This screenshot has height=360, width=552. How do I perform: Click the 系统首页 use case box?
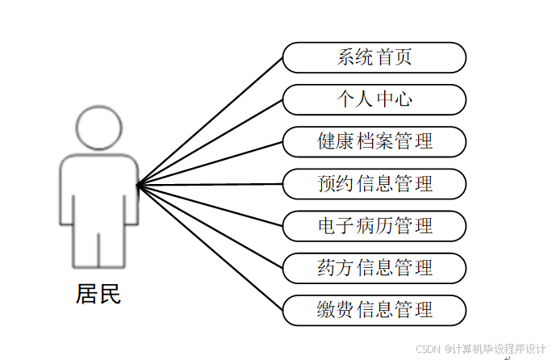coord(374,58)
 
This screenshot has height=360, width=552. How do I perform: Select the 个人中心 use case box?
coord(374,100)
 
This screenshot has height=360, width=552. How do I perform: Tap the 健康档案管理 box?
coord(374,142)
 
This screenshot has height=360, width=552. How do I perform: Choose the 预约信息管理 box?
coord(374,184)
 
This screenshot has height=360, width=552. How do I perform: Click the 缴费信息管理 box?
coord(374,310)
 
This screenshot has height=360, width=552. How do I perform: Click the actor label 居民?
coord(98,294)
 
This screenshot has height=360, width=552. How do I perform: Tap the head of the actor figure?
coord(99,129)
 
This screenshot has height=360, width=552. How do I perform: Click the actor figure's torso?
coord(99,190)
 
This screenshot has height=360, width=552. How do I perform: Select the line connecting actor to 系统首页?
coord(210,121)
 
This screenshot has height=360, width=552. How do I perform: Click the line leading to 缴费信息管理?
coord(210,248)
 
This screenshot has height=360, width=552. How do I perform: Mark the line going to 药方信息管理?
coord(210,227)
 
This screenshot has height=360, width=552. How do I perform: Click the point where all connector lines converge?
coord(138,185)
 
